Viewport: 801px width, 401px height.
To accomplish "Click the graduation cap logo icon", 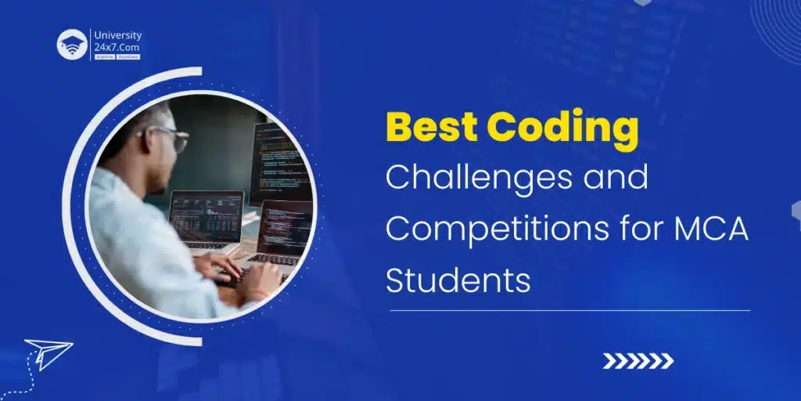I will tap(72, 45).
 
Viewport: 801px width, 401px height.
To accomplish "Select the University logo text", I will tap(117, 35).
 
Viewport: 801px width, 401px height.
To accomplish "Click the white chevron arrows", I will tap(638, 360).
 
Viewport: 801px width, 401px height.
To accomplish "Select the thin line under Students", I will tap(569, 310).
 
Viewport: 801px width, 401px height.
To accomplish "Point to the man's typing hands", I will tap(235, 270).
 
